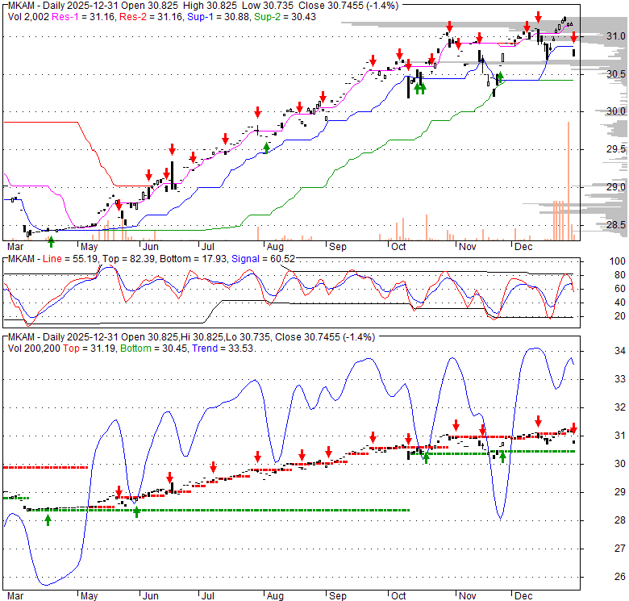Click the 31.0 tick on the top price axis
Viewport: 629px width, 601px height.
[x=615, y=36]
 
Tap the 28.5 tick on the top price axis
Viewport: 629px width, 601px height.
[x=615, y=225]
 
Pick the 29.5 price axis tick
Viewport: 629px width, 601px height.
[x=615, y=149]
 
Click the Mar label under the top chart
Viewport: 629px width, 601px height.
[x=15, y=246]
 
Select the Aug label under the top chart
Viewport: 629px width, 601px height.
[x=275, y=246]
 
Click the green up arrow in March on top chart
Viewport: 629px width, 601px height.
[x=51, y=240]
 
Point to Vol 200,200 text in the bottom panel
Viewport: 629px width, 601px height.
[x=32, y=370]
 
